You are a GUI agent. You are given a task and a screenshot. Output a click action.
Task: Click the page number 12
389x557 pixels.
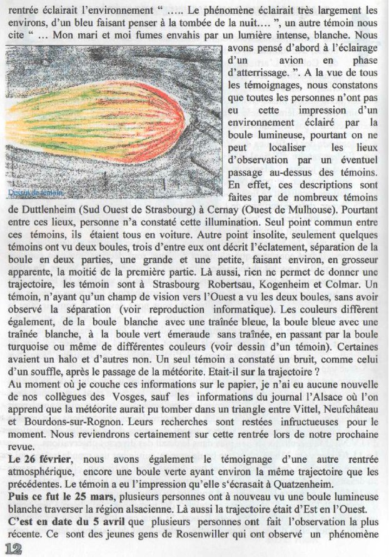click(x=12, y=548)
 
